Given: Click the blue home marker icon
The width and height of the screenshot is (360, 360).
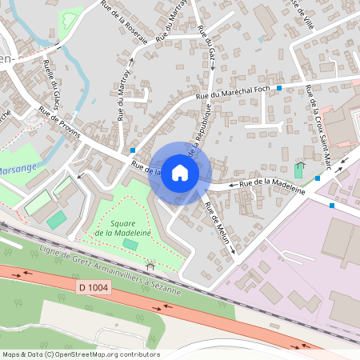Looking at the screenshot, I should pos(180,173).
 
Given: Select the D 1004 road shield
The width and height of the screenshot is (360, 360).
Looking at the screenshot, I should pos(94,286).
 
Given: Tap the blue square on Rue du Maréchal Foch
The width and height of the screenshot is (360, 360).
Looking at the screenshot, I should pos(279,87).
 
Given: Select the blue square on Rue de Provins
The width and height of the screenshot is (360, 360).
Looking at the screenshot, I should pos(133,150).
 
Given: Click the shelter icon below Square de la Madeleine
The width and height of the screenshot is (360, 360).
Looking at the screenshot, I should pos(150,266).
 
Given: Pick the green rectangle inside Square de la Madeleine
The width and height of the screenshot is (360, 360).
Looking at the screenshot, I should pos(130,243).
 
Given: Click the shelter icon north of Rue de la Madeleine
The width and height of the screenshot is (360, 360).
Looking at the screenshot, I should pos(300,161).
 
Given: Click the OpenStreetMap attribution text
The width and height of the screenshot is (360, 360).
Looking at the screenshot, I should pos(80,354).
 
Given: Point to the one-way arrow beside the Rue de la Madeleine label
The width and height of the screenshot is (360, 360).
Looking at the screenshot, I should pos(234,185).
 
